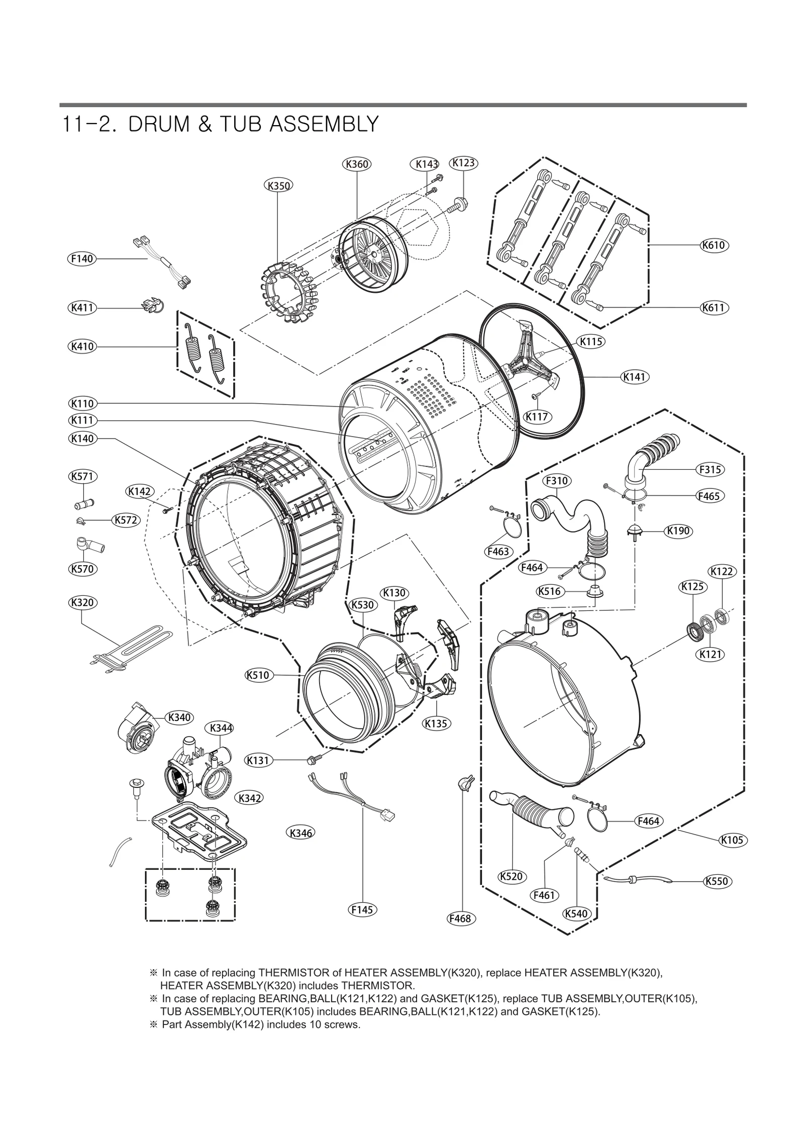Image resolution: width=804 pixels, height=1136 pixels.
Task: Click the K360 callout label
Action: [x=357, y=164]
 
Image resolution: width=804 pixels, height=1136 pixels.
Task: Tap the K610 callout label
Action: [x=714, y=245]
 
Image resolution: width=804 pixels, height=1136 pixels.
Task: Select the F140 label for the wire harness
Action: [x=81, y=259]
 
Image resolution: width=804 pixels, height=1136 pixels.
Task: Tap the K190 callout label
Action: [x=678, y=531]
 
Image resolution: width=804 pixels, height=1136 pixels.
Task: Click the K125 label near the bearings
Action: [x=692, y=586]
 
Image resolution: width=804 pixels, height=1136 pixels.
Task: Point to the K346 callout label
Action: [x=300, y=833]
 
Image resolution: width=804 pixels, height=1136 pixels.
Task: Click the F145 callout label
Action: [x=362, y=909]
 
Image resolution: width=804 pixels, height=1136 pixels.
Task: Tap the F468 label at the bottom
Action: [x=461, y=918]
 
